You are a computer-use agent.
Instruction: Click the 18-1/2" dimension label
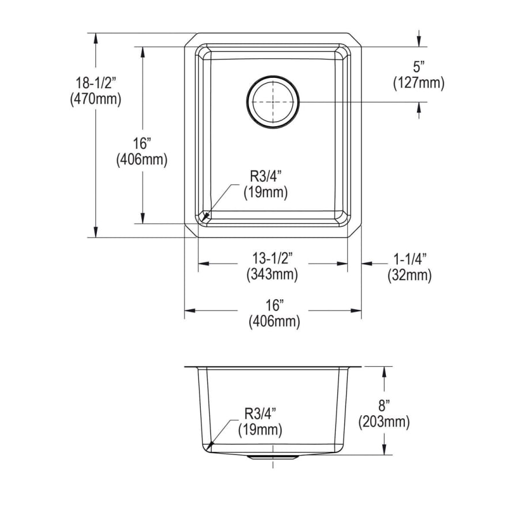pos(96,82)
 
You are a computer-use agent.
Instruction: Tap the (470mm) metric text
pos(96,99)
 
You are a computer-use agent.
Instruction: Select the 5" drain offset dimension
pos(419,67)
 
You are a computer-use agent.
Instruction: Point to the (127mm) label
pos(419,82)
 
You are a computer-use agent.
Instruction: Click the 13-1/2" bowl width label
pos(272,258)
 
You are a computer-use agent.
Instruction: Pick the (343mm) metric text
pos(272,274)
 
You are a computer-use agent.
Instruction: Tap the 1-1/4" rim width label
pos(410,258)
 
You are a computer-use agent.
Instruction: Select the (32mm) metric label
pos(410,275)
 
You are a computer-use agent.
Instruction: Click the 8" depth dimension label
pos(384,405)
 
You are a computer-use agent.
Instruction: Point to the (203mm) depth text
pos(384,422)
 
